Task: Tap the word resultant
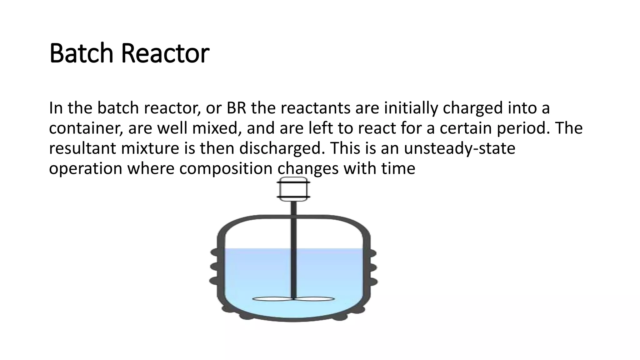pyautogui.click(x=82, y=148)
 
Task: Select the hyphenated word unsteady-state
pyautogui.click(x=459, y=148)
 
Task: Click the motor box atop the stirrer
pyautogui.click(x=293, y=189)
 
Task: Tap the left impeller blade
pyautogui.click(x=272, y=299)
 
